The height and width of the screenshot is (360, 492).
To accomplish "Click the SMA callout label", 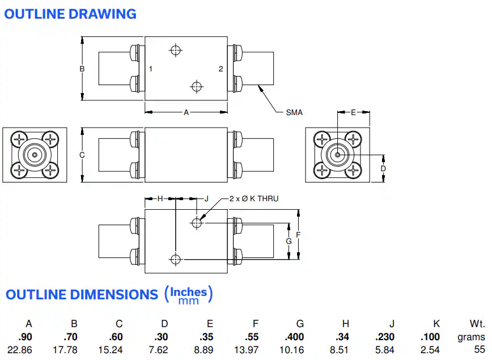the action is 294,112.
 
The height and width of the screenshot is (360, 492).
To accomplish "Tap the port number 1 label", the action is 151,69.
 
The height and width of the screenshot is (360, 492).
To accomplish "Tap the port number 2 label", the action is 221,69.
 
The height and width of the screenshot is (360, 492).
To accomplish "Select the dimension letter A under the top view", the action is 186,112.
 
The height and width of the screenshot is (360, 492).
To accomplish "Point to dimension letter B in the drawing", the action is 82,69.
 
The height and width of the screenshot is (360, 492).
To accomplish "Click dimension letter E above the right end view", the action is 353,112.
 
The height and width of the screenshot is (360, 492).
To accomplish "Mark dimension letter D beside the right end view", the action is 383,168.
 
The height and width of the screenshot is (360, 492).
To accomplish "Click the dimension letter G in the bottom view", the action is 289,241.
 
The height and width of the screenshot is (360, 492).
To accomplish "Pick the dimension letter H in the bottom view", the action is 160,198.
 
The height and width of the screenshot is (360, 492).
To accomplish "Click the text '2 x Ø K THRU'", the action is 254,198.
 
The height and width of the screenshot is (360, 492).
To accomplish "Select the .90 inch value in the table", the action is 25,337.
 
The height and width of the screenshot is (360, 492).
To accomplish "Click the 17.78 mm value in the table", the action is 65,350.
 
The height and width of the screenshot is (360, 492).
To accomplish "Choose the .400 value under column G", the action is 294,337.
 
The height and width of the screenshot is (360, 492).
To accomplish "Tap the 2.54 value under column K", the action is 430,350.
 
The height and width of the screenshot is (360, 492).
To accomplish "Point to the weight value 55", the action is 480,350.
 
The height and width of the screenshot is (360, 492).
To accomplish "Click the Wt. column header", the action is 477,324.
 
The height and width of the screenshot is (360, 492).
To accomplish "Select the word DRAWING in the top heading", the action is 103,14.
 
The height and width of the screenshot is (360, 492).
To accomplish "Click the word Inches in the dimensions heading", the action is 189,292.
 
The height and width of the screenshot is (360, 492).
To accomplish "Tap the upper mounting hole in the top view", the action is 176,50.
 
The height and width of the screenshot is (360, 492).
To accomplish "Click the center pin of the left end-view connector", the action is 35,155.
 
